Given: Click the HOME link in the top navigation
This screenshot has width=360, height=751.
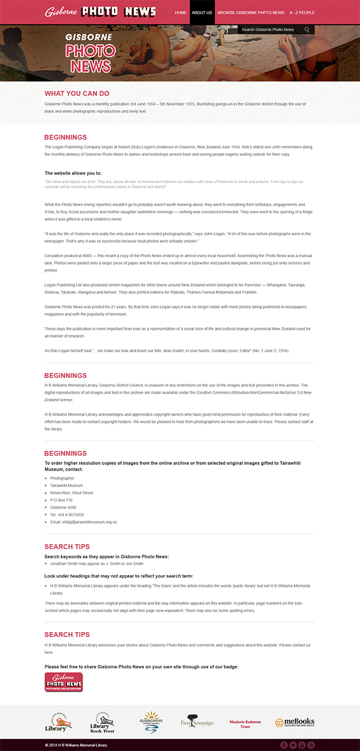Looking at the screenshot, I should (180, 13).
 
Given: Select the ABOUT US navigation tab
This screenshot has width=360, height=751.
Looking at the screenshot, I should (202, 13).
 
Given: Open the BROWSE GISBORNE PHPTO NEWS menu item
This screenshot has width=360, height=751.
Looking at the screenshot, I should (250, 13).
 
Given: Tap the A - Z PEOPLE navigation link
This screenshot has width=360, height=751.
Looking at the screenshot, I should (302, 13).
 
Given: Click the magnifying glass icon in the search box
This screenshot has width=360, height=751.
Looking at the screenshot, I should (307, 29).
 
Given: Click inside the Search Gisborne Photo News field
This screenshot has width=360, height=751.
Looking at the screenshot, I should (269, 29).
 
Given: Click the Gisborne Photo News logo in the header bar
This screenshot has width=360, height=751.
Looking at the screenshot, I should (100, 12).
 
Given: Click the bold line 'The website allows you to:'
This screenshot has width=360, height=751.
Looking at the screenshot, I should (73, 173).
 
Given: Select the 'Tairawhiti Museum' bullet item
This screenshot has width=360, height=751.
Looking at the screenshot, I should (66, 485).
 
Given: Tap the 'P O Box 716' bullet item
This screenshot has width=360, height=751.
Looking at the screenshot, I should (61, 500).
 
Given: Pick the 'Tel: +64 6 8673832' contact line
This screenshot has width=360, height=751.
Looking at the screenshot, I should (67, 514).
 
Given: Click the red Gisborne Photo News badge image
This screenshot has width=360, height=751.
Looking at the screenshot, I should (64, 682).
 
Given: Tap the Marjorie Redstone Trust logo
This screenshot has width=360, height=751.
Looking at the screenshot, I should (245, 723).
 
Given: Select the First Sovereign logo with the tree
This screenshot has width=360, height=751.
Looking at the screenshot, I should (197, 722).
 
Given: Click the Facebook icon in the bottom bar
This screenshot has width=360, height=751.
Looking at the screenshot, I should (284, 745).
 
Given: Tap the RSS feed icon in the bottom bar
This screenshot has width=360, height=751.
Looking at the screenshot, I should (311, 745).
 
